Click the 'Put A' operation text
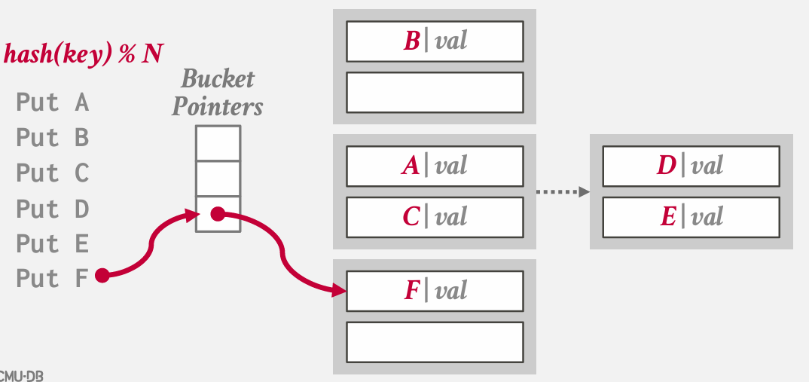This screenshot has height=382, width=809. tap(52, 102)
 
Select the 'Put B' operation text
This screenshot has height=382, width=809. tap(52, 138)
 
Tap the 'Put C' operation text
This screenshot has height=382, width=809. tap(52, 173)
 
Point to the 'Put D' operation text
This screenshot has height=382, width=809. tap(52, 209)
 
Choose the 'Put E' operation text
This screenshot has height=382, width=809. tap(52, 244)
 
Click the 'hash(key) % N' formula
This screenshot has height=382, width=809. tap(84, 54)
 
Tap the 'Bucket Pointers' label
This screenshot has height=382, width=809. tap(218, 92)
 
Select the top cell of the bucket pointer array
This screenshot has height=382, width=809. tap(218, 142)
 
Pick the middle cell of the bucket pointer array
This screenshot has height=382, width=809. tap(218, 178)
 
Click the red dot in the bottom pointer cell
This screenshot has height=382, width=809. tap(218, 215)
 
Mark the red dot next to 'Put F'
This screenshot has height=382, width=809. tap(102, 275)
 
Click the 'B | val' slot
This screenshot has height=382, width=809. tap(435, 41)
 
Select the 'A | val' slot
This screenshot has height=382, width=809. tap(435, 166)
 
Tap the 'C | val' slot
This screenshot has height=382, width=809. tap(435, 217)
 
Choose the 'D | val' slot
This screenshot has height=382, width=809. tap(691, 166)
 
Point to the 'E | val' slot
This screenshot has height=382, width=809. tap(691, 217)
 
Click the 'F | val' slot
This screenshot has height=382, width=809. tap(435, 291)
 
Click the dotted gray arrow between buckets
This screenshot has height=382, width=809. tap(562, 192)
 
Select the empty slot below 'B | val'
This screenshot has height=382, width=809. tap(435, 92)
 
